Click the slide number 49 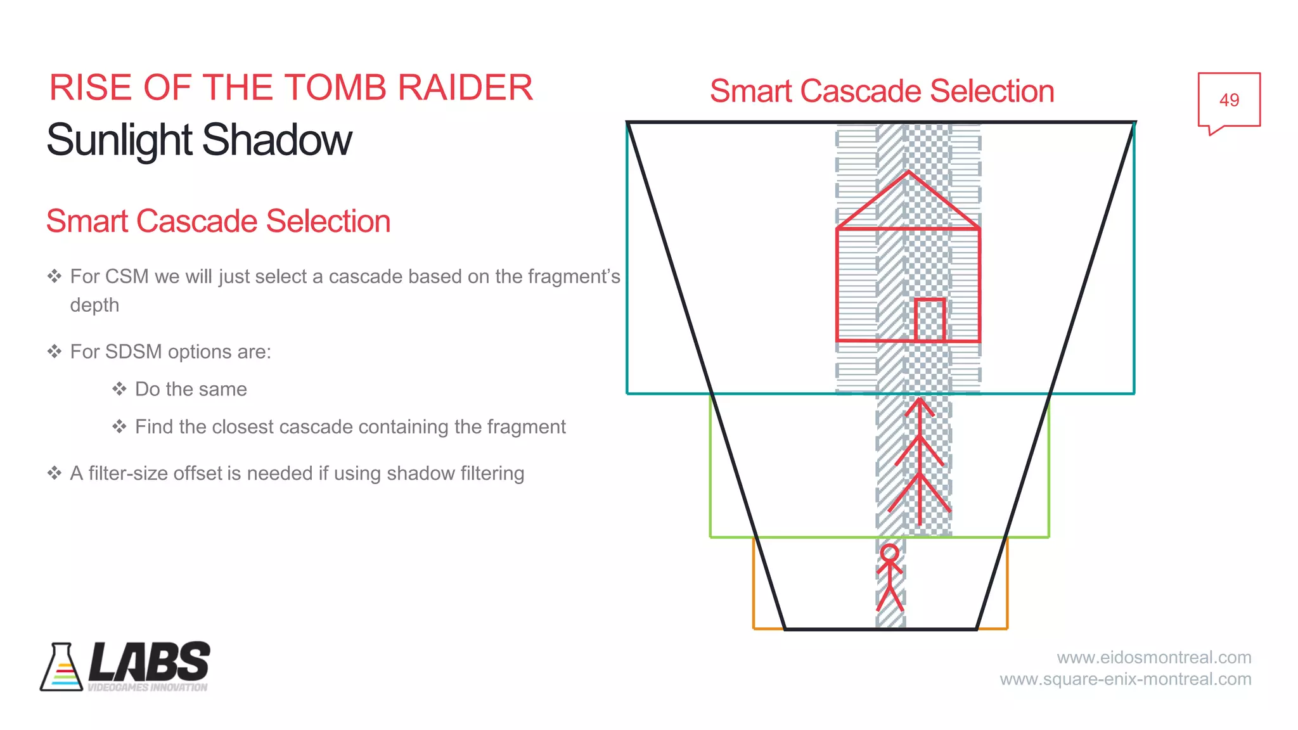tap(1228, 100)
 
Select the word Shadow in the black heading tap(277, 140)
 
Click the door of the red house tap(930, 320)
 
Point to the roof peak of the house tap(908, 172)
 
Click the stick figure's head tap(890, 553)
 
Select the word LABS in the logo tap(150, 662)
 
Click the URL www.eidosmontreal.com tap(1153, 657)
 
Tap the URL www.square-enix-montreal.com tap(1125, 679)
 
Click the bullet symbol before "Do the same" tap(119, 389)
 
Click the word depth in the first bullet tap(94, 305)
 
